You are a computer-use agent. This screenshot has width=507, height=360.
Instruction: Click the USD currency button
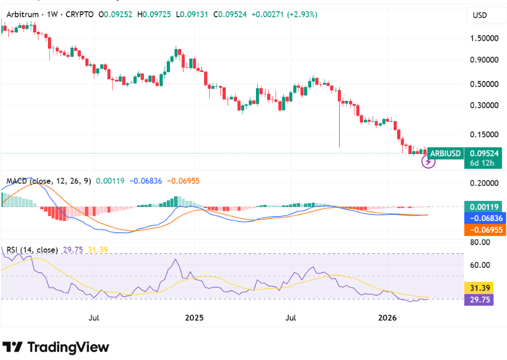pyautogui.click(x=480, y=16)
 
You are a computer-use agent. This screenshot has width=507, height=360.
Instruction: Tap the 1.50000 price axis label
pyautogui.click(x=484, y=39)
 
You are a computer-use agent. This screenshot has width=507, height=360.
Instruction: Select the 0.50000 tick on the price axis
pyautogui.click(x=484, y=84)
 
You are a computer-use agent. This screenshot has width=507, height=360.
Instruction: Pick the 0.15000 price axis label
pyautogui.click(x=484, y=135)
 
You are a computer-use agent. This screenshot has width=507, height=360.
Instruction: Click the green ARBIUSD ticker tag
pyautogui.click(x=445, y=152)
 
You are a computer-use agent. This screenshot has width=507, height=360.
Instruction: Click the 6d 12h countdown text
pyautogui.click(x=482, y=163)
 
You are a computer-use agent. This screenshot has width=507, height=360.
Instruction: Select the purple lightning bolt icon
pyautogui.click(x=428, y=162)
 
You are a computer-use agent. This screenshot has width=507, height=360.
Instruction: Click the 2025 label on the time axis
pyautogui.click(x=195, y=318)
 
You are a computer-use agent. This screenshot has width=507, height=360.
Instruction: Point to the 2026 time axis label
pyautogui.click(x=388, y=318)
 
